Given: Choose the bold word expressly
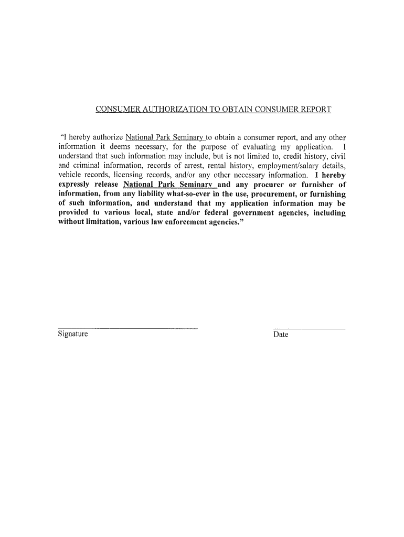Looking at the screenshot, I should pyautogui.click(x=74, y=185).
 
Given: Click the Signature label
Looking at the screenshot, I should pyautogui.click(x=73, y=334).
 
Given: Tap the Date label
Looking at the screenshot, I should pyautogui.click(x=281, y=335).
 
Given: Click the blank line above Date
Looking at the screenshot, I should pyautogui.click(x=309, y=328).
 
